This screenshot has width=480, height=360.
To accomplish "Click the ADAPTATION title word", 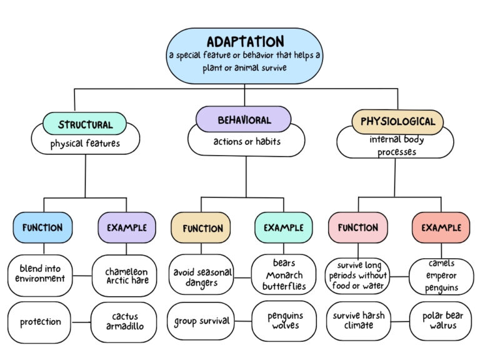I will pyautogui.click(x=245, y=42).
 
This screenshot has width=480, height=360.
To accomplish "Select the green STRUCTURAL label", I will pyautogui.click(x=85, y=124).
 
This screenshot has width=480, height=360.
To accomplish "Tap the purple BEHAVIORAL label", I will pyautogui.click(x=244, y=119).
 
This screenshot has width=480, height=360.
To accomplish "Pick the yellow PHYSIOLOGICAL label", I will pyautogui.click(x=397, y=121).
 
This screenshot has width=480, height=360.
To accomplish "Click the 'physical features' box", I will pyautogui.click(x=85, y=144).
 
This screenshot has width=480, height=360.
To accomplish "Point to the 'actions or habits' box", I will pyautogui.click(x=246, y=142).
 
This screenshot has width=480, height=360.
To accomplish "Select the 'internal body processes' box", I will pyautogui.click(x=395, y=146).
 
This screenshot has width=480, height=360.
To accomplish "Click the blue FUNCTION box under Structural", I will pyautogui.click(x=42, y=227).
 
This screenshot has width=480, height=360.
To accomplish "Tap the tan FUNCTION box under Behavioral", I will pyautogui.click(x=201, y=228).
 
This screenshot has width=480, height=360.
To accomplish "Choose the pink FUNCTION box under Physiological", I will pyautogui.click(x=357, y=227).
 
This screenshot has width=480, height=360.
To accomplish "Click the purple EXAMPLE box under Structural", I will pyautogui.click(x=127, y=227).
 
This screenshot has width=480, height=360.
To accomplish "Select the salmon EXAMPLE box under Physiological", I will pyautogui.click(x=441, y=227).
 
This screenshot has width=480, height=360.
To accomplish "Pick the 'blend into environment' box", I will pyautogui.click(x=40, y=274).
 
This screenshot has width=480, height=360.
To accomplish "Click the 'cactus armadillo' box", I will pyautogui.click(x=124, y=322).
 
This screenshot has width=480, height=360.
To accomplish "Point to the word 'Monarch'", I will pyautogui.click(x=284, y=275).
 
